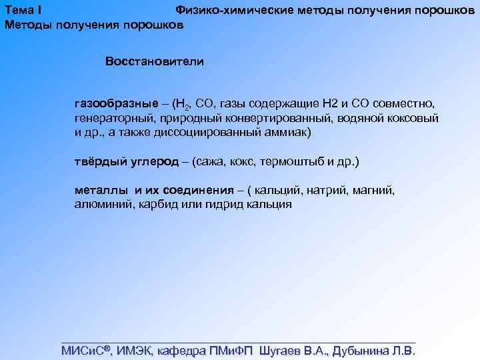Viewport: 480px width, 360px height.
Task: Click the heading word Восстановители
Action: point(154,61)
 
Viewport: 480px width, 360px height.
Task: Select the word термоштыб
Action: point(298,162)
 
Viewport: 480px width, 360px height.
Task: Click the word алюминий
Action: point(104,205)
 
